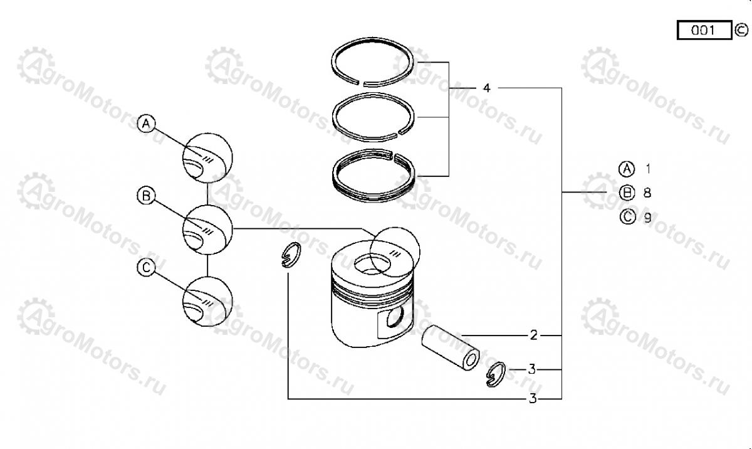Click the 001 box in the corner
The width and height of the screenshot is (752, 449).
(x=704, y=30)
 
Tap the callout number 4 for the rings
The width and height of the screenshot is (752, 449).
(x=486, y=88)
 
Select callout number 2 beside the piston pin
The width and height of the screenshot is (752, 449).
(x=533, y=335)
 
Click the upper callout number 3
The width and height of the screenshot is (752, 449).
(x=532, y=369)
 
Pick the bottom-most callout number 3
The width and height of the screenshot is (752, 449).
(x=533, y=399)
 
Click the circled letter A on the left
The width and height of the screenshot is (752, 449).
(x=147, y=124)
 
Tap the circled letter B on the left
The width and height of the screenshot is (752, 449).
(x=147, y=196)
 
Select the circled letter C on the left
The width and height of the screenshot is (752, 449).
(x=147, y=268)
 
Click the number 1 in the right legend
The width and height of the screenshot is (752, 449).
(x=648, y=169)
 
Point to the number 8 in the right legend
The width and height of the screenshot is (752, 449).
(x=647, y=193)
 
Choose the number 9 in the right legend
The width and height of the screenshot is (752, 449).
(x=647, y=218)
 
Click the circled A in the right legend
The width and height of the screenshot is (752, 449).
(x=627, y=169)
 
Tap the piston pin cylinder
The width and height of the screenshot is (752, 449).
(x=451, y=348)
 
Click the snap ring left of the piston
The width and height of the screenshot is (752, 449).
(x=291, y=255)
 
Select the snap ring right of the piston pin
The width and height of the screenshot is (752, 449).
(x=496, y=374)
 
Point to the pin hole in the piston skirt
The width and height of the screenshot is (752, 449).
(x=395, y=316)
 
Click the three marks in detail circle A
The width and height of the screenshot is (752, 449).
(x=208, y=159)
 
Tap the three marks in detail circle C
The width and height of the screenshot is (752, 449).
(x=208, y=304)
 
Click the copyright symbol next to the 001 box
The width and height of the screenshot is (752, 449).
(x=741, y=30)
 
